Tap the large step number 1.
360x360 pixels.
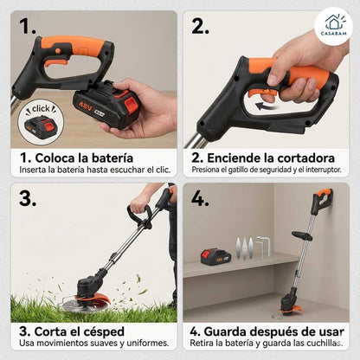pyautogui.click(x=29, y=25)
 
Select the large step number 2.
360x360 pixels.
pyautogui.click(x=200, y=25)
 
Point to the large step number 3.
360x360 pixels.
pyautogui.click(x=29, y=197)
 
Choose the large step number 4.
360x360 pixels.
pyautogui.click(x=201, y=197)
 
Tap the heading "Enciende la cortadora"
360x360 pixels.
pyautogui.click(x=264, y=158)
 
